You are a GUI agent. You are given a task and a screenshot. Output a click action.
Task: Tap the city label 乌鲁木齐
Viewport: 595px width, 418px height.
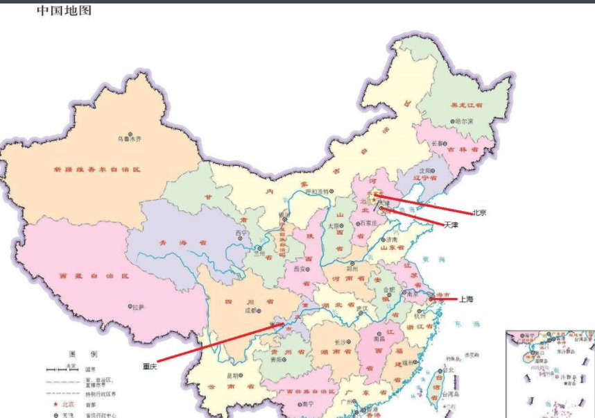coord(129,139)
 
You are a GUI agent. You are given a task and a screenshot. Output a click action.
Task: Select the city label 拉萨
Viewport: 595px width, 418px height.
coord(139,306)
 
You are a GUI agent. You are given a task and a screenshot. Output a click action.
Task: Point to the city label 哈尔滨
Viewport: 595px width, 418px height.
coord(463,121)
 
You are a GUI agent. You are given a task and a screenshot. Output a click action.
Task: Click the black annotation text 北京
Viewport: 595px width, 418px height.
coord(479,213)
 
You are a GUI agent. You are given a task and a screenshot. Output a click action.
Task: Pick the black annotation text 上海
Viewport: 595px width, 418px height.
coord(467,299)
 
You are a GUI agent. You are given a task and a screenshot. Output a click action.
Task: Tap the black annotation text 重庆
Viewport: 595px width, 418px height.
coord(150,366)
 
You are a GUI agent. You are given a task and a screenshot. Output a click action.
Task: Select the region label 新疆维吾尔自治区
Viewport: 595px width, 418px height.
coord(97,169)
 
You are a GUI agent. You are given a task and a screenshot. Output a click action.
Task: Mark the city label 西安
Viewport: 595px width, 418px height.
coord(300,268)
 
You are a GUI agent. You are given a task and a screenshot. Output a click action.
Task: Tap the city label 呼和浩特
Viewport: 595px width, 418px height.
coord(319,192)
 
